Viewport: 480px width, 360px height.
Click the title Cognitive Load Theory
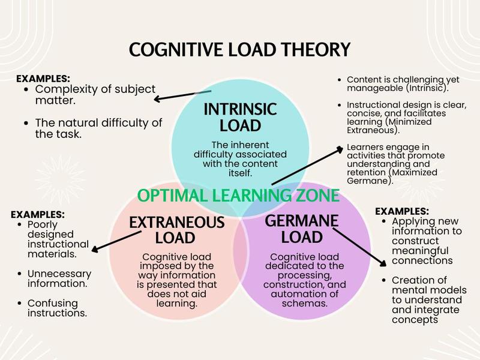pos(240,50)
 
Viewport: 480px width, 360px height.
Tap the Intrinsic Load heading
pos(240,118)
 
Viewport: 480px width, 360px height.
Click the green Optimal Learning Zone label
pos(238,196)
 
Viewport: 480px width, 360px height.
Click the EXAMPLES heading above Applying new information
pos(402,211)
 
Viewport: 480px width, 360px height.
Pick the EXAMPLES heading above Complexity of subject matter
pos(43,79)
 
